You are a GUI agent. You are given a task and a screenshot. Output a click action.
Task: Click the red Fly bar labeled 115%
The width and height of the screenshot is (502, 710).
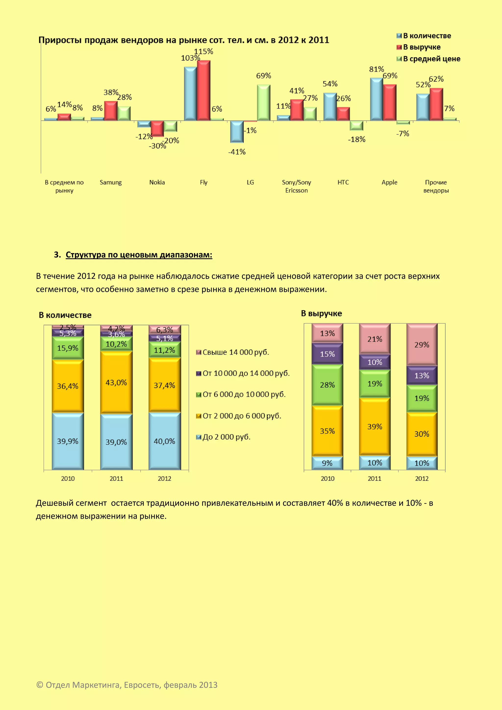[x=204, y=90]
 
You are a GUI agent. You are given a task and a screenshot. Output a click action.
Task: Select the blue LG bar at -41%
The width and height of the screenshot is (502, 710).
[x=237, y=132]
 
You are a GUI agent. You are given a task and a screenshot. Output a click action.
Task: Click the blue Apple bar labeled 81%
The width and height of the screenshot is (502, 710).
[x=376, y=99]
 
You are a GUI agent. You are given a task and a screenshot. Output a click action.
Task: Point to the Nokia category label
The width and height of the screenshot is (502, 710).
[x=157, y=182]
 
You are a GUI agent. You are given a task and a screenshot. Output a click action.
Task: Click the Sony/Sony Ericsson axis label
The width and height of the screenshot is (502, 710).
[x=296, y=186]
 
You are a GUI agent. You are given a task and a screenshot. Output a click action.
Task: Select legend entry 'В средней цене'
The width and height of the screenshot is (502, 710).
[x=431, y=59]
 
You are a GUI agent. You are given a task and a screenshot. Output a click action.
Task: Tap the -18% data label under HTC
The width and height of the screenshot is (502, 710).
[x=356, y=139]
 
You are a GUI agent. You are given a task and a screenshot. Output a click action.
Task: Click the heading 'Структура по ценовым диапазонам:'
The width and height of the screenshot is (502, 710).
[x=139, y=255]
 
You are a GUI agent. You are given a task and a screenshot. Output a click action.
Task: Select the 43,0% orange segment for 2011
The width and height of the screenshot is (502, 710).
[x=116, y=382]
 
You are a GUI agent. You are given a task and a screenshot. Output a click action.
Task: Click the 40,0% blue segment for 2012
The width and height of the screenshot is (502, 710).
[x=164, y=441]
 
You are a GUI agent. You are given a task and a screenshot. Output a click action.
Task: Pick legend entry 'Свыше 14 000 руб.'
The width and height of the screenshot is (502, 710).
[x=236, y=352]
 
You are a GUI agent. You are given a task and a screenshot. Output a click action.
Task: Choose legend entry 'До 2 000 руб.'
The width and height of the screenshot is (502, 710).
[x=226, y=437]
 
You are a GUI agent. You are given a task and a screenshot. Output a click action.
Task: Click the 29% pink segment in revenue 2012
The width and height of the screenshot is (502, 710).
[x=422, y=345]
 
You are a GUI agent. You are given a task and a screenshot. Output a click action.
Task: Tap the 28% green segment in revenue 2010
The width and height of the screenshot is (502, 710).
[x=327, y=385]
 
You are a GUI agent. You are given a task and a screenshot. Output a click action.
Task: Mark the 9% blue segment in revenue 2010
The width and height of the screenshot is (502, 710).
[x=327, y=463]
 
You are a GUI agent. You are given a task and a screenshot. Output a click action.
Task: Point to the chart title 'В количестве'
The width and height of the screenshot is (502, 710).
[x=65, y=315]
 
